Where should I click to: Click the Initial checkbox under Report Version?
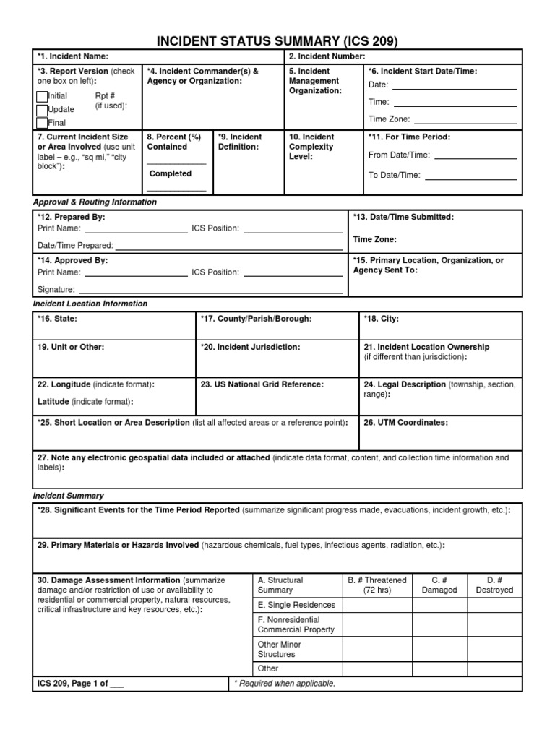[42, 97]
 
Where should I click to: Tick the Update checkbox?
[42, 110]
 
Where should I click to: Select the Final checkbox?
[42, 123]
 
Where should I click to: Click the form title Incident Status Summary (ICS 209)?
[277, 40]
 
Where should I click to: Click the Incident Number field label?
[327, 56]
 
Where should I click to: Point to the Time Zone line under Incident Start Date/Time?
[465, 123]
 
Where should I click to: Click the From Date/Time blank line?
[475, 158]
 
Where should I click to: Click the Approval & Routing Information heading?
[95, 202]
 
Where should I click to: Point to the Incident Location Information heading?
[90, 304]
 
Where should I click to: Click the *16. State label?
[57, 319]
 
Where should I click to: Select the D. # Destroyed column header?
[494, 585]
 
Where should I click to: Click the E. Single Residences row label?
[296, 605]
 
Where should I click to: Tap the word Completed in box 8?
[171, 173]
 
